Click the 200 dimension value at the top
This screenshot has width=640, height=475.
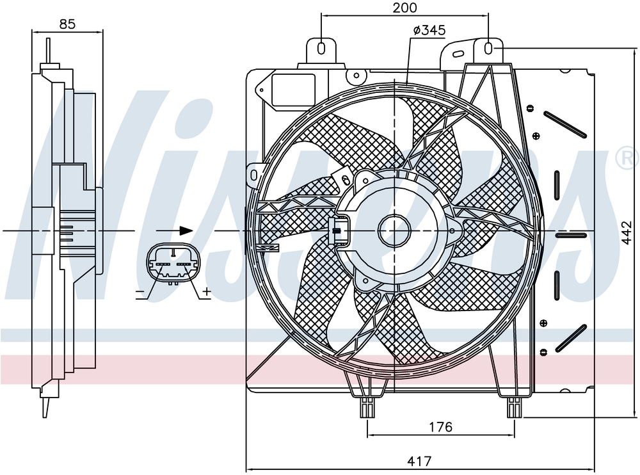[404, 8]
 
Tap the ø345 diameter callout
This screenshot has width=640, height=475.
[429, 31]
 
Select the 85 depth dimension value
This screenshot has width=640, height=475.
[67, 24]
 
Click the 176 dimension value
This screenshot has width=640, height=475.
[441, 427]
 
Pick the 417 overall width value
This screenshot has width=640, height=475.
[419, 461]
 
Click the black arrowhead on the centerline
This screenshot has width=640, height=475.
[186, 230]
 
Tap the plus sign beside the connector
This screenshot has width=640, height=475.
[207, 292]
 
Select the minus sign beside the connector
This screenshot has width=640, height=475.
[140, 293]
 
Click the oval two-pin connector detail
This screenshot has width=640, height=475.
[173, 265]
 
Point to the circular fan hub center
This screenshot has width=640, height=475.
[395, 230]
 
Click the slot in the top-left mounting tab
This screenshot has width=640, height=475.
[321, 48]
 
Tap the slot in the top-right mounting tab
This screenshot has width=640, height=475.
[488, 48]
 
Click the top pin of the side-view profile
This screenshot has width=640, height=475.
[48, 51]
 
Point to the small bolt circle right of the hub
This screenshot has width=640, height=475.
[452, 230]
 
